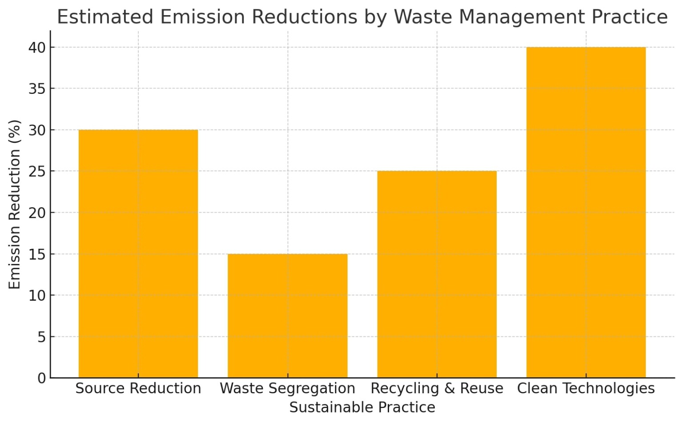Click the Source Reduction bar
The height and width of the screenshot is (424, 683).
point(138,254)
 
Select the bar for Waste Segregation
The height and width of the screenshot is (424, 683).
point(287,316)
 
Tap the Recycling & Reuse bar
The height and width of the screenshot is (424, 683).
point(437,274)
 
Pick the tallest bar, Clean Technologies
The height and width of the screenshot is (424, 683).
point(586,212)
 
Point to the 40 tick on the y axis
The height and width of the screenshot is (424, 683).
point(37,48)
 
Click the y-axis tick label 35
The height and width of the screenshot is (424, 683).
point(37,89)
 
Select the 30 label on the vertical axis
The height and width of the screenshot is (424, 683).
point(37,130)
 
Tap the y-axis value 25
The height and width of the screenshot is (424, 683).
point(37,171)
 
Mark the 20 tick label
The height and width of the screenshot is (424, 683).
point(37,213)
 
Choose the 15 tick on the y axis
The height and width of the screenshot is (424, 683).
point(37,254)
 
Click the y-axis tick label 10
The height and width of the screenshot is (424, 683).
point(37,295)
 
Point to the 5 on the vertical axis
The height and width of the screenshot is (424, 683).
point(41,337)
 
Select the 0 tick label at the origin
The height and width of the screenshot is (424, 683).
point(41,378)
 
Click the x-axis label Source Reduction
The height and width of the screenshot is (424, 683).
point(138,388)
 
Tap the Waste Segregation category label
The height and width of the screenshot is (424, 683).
point(287,388)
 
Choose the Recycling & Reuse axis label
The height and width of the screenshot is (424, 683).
point(437,388)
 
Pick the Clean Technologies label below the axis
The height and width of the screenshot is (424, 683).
point(586,388)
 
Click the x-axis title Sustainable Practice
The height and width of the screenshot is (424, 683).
point(362,408)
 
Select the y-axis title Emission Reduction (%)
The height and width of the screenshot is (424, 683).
point(15,205)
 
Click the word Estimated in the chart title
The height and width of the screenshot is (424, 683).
point(105,17)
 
